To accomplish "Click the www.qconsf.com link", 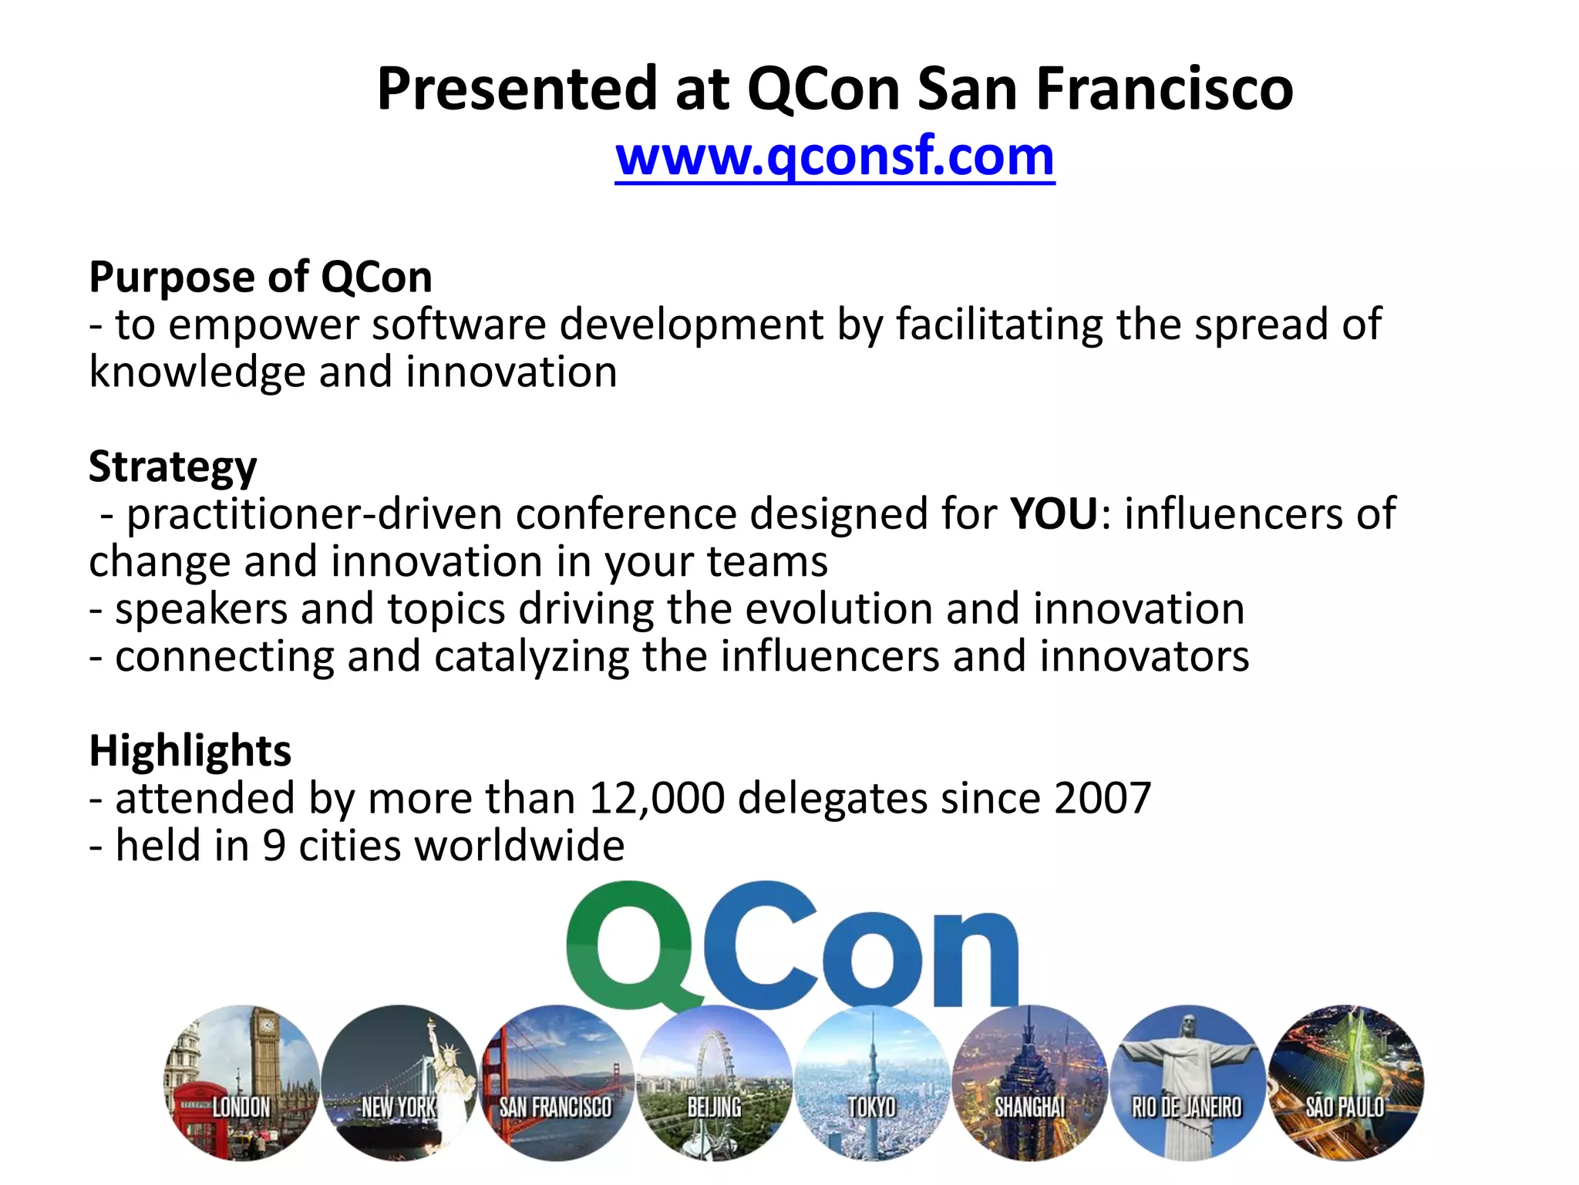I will tap(834, 157).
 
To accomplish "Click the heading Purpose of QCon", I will tap(261, 277).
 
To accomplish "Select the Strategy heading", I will tap(173, 466).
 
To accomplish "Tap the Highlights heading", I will tap(190, 750).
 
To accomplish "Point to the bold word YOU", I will tap(1054, 513).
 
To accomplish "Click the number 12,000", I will tap(657, 798).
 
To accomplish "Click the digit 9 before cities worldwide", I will tap(274, 846).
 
